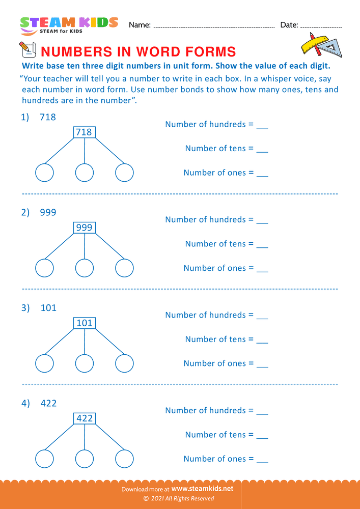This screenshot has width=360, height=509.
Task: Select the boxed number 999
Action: click(x=84, y=228)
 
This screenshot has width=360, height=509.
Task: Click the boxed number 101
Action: click(x=84, y=323)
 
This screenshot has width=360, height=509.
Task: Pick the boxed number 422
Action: click(x=84, y=418)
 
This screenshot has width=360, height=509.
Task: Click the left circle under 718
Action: click(x=44, y=173)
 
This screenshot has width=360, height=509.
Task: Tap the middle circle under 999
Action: click(x=85, y=268)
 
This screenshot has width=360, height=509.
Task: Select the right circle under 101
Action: click(x=124, y=363)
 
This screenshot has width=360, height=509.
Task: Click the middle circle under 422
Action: click(x=85, y=458)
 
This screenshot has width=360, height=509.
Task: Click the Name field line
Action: click(x=214, y=26)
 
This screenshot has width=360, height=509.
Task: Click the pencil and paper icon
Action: click(x=26, y=50)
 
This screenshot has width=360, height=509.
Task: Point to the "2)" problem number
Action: click(x=25, y=212)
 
